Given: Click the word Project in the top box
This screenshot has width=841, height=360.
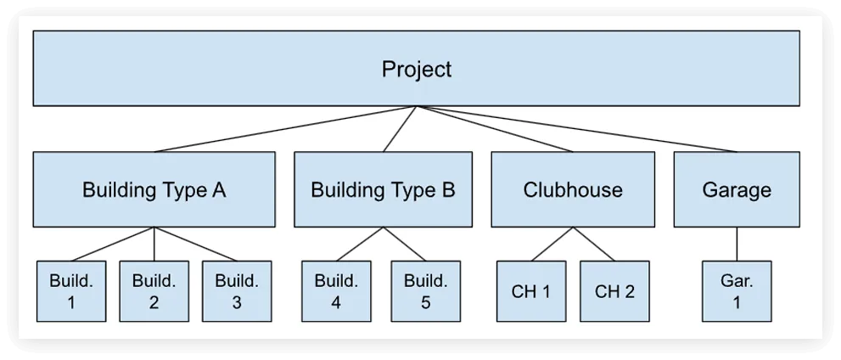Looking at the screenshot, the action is [417, 70].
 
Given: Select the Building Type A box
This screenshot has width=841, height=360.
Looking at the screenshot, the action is [154, 189].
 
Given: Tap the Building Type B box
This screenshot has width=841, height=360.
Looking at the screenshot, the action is [383, 189].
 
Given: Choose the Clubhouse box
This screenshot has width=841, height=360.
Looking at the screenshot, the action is [573, 189].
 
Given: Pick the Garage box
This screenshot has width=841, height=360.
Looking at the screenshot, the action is [737, 189].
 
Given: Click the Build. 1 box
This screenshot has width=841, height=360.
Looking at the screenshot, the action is [71, 291].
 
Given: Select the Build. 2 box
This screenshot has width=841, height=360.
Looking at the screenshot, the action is [154, 291].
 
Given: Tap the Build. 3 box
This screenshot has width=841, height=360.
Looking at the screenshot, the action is [237, 291].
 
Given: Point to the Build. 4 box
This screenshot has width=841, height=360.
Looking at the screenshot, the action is [336, 291].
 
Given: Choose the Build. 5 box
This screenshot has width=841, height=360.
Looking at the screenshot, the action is [425, 291].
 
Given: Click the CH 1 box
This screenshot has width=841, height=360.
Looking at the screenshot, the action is [531, 291].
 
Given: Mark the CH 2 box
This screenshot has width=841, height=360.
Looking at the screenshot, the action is [614, 291].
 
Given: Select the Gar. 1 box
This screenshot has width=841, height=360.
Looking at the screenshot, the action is [737, 291].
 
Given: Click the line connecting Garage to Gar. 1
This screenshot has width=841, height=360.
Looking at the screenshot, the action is [737, 245].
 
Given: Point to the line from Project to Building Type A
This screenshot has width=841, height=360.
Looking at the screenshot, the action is [285, 129].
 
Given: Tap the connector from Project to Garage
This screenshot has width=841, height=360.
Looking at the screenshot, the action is [576, 129].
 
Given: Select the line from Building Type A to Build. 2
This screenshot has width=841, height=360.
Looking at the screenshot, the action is [154, 245].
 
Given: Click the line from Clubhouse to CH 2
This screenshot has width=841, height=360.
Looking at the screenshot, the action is [594, 245].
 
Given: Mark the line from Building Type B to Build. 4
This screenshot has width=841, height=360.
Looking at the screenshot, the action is [359, 245].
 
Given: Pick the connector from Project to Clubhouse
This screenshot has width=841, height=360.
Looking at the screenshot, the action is [495, 129].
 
